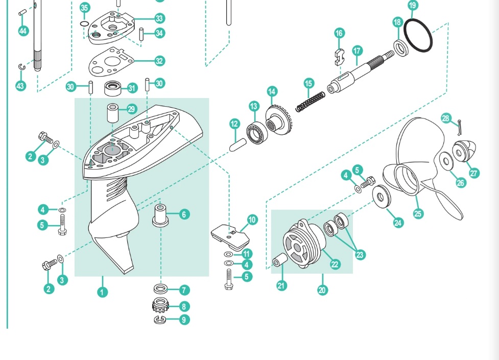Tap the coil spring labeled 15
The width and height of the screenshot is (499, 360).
click(x=311, y=102)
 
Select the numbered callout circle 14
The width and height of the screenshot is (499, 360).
click(x=272, y=92)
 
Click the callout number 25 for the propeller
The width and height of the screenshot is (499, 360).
click(x=418, y=213)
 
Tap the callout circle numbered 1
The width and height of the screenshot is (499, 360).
click(x=102, y=292)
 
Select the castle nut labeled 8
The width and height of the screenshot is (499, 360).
click(x=161, y=306)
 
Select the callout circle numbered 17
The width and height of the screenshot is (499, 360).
click(x=357, y=51)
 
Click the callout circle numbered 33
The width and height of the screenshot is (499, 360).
click(x=159, y=18)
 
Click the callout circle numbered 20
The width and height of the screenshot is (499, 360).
click(x=322, y=290)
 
